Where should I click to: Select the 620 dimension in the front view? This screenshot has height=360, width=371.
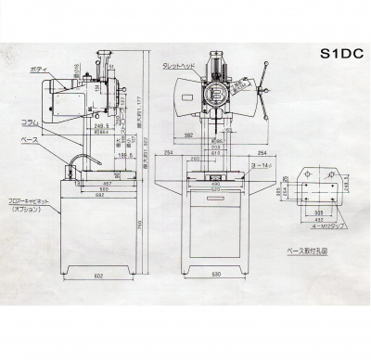click(216, 190)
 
